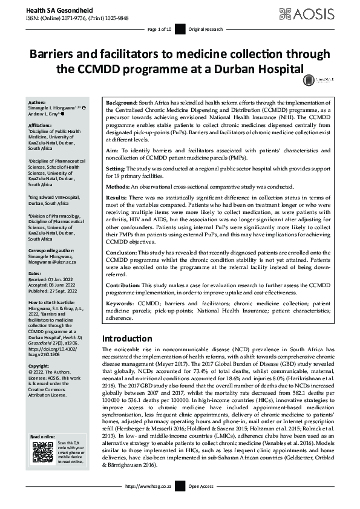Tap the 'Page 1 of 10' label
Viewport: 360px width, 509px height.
click(160, 29)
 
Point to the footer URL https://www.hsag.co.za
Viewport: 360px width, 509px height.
click(150, 503)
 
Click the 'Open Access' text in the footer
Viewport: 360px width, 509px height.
click(201, 503)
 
